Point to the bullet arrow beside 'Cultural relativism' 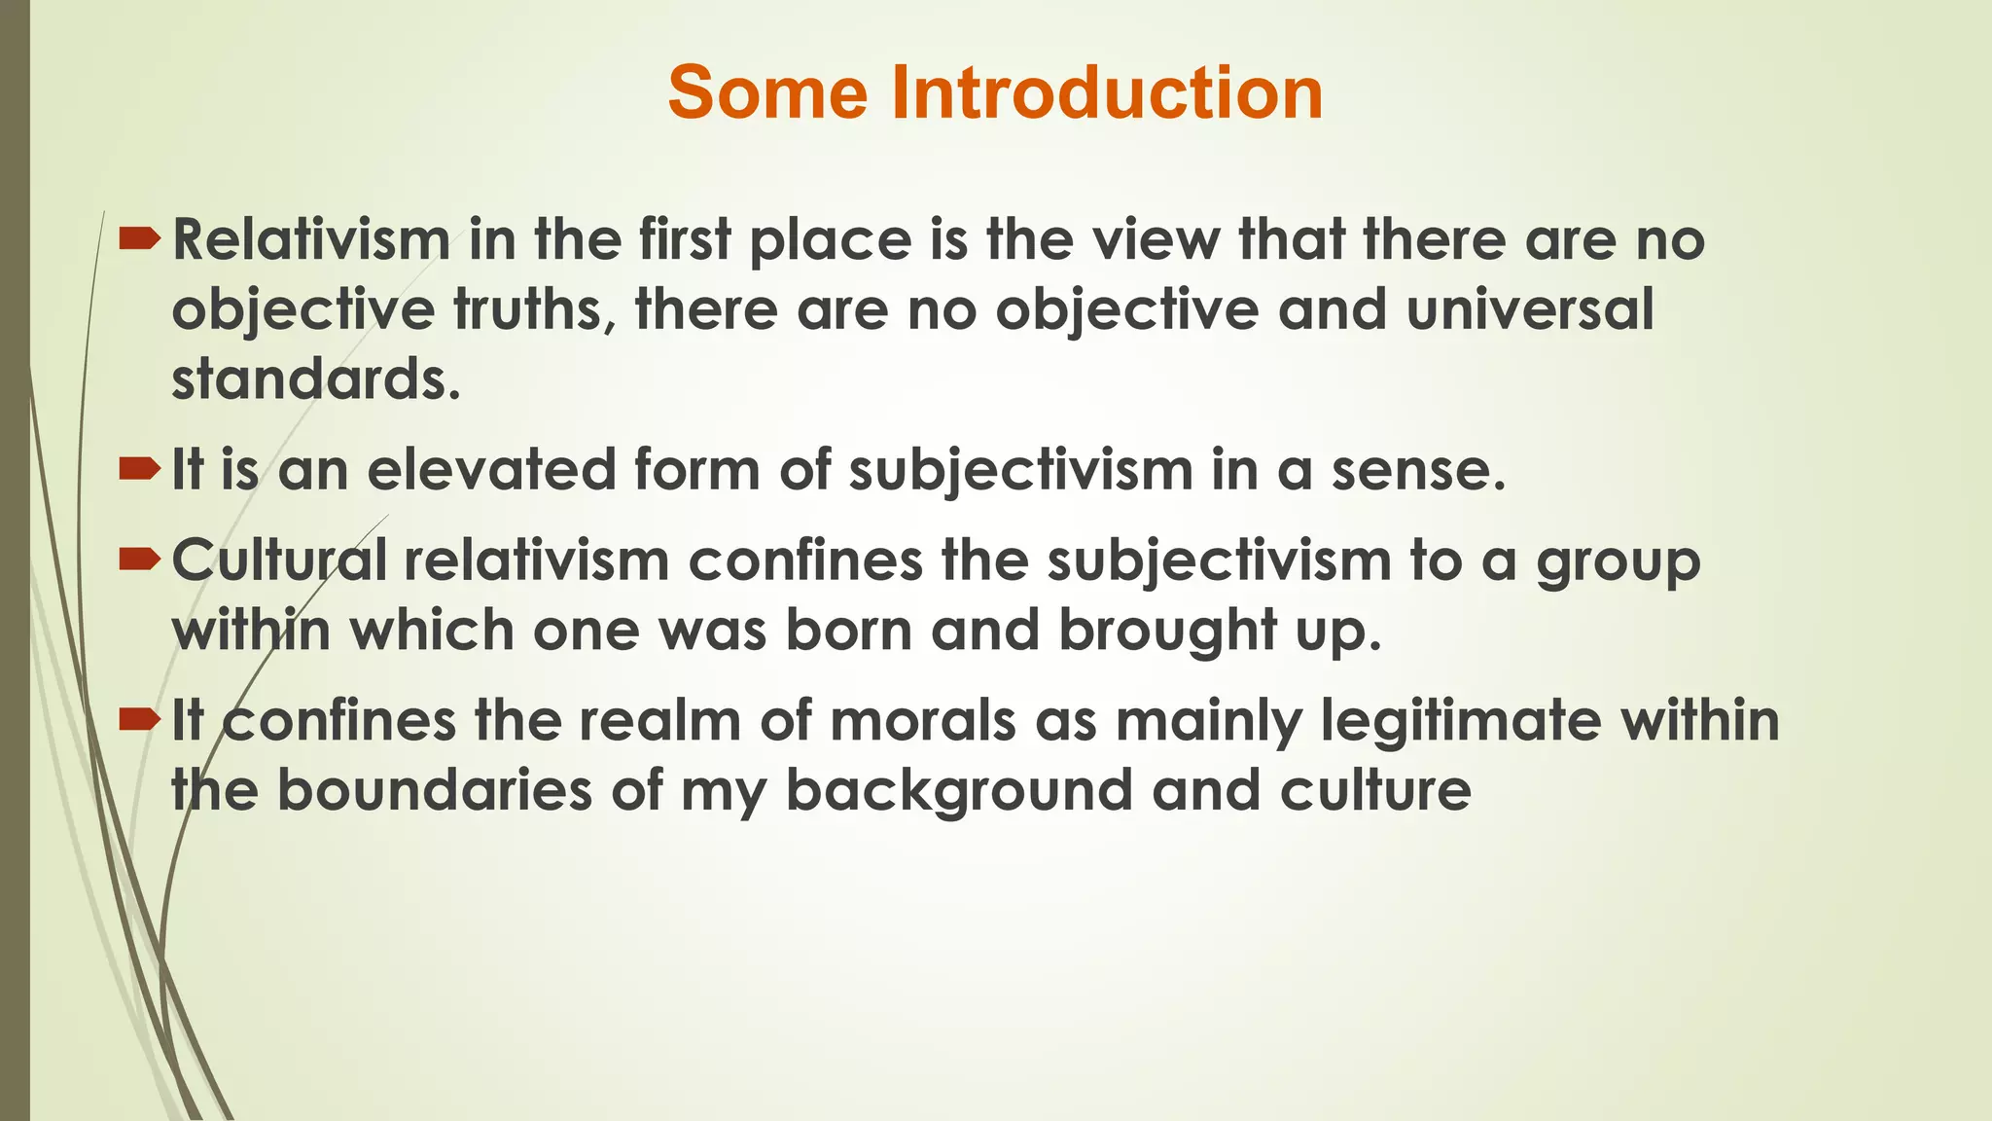139,560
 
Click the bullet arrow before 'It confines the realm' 139,721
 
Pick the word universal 1530,310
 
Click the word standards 315,380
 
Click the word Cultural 279,561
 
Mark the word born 848,631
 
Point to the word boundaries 435,790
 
